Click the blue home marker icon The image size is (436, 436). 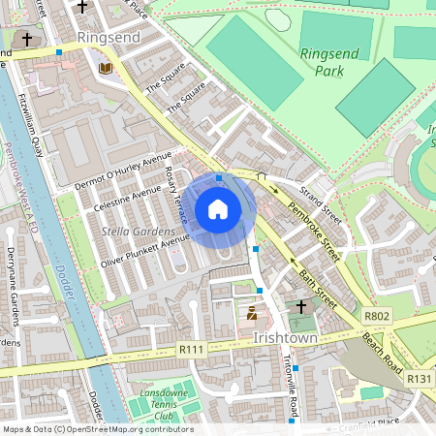click(218, 209)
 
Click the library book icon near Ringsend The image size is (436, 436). click(105, 68)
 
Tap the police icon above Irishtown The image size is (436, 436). click(252, 313)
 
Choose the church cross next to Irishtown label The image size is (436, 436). click(301, 306)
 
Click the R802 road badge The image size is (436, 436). click(377, 317)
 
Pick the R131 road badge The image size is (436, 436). click(418, 379)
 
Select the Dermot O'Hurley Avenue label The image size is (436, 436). click(122, 171)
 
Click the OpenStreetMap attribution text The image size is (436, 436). click(97, 429)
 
